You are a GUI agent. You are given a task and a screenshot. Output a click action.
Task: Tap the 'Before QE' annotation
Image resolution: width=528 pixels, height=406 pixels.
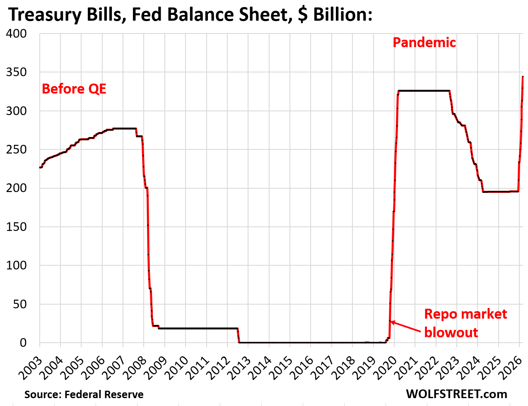click(x=74, y=89)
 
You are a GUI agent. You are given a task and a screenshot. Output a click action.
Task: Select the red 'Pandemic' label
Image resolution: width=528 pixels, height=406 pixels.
click(x=424, y=42)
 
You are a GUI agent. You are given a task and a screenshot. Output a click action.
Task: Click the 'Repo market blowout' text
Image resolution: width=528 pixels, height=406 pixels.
click(x=465, y=323)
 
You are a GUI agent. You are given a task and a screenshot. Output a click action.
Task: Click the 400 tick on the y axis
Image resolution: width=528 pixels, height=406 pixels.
click(x=17, y=34)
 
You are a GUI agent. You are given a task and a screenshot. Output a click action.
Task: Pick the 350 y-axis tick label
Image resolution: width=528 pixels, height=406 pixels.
click(x=17, y=72)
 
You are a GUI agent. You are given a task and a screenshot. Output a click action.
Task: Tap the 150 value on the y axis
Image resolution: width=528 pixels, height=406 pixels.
click(x=17, y=227)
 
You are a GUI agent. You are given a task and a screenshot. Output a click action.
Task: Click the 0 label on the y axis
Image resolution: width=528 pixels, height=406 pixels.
click(x=23, y=343)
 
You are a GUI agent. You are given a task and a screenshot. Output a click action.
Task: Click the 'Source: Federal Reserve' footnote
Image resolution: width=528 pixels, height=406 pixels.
click(x=84, y=394)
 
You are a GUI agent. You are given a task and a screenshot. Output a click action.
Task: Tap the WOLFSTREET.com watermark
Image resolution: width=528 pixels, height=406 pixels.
click(x=456, y=394)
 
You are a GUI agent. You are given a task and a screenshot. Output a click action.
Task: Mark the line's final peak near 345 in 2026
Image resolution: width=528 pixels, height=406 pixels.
click(x=523, y=77)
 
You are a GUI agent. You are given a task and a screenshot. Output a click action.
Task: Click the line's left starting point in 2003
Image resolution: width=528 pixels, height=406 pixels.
click(x=40, y=167)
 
